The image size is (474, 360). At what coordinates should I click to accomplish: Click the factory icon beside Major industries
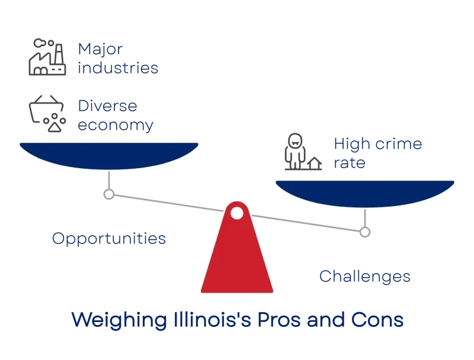47,57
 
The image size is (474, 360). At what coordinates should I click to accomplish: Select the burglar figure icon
294,151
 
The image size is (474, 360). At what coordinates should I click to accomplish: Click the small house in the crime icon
315,163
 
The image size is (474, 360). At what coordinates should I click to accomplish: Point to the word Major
100,49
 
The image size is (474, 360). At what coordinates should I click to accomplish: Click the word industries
118,67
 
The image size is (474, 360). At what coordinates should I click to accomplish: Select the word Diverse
108,106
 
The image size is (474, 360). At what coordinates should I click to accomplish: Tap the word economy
116,126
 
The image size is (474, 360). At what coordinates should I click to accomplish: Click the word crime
399,144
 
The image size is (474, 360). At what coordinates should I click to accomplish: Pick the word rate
350,163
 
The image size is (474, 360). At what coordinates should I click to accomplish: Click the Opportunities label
109,239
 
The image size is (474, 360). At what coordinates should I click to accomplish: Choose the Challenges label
365,277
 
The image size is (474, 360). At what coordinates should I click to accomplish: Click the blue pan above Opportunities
109,156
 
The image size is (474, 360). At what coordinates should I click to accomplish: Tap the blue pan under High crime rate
365,194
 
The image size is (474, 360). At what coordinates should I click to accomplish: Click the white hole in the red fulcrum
236,213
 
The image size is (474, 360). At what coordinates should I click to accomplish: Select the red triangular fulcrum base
237,247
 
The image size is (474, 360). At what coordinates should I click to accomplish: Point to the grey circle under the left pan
109,194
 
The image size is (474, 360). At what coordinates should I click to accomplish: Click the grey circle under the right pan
365,232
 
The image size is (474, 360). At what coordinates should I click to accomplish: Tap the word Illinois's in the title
212,320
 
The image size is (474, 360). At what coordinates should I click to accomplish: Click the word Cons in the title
377,320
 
